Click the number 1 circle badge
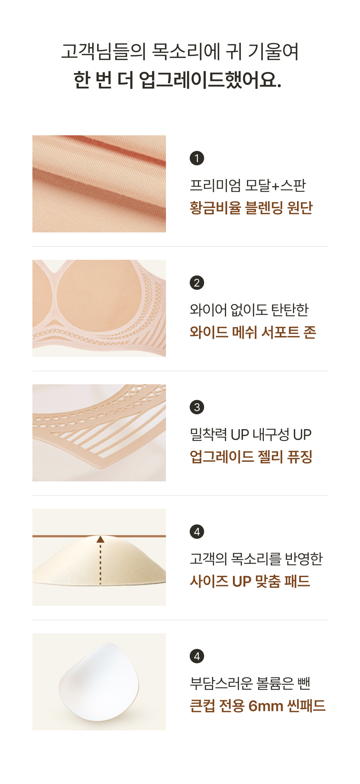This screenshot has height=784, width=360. pos(197,158)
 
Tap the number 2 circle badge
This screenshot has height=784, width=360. pos(197,282)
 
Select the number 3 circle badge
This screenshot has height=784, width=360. pos(197,407)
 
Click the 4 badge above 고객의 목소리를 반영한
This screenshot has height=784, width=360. pos(197,531)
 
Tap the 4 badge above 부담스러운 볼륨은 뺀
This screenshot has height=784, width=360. pos(197,656)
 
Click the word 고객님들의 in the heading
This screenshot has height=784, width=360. pos(104,51)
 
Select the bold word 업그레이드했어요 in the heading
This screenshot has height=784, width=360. pos(210,80)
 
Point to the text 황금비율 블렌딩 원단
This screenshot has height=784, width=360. pos(251,208)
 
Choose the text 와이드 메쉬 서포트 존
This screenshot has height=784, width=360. pos(253,332)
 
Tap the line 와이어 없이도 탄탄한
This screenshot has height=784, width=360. pos(249,310)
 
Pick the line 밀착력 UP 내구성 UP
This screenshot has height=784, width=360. pos(251,435)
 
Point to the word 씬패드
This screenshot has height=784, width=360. pos(306,706)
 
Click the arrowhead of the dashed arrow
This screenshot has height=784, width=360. pos(100,539)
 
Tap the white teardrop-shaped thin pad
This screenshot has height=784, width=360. pos(99,682)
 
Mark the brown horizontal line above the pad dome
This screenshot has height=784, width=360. pos(99,536)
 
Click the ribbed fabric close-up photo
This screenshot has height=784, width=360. pos(99,184)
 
